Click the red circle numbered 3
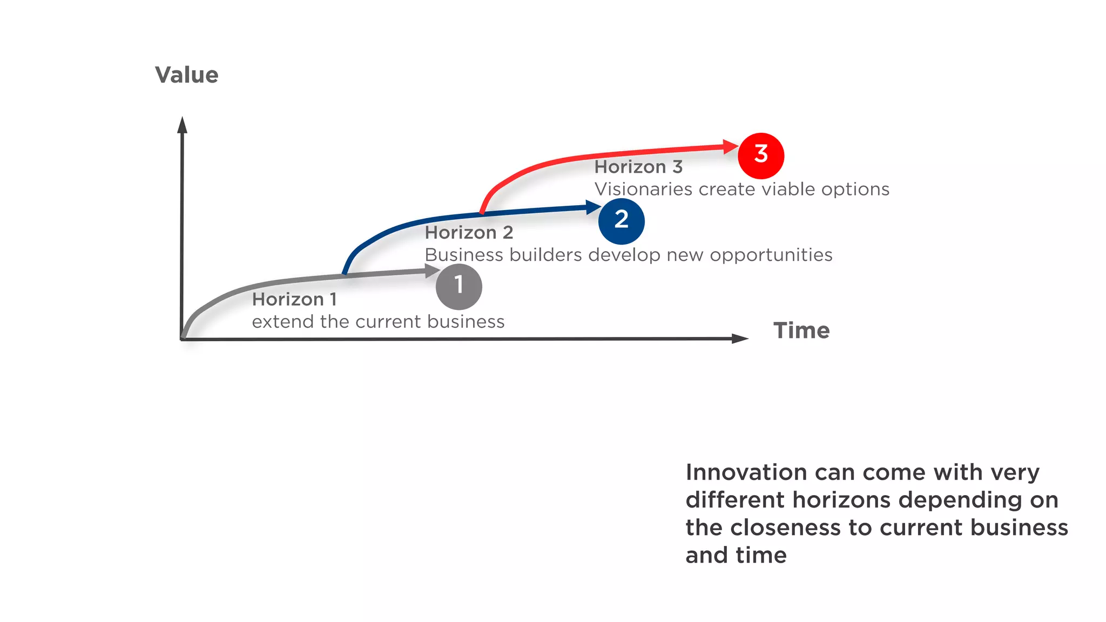tap(761, 155)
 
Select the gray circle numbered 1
tap(458, 286)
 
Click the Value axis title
tap(187, 75)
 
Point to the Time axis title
tap(801, 330)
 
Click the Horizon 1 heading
tap(294, 299)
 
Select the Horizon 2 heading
tap(469, 233)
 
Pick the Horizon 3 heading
tap(638, 167)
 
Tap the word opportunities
tap(771, 255)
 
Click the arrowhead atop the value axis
tap(183, 125)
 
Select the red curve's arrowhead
tap(730, 146)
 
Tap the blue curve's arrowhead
tap(593, 207)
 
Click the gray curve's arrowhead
tap(432, 271)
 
